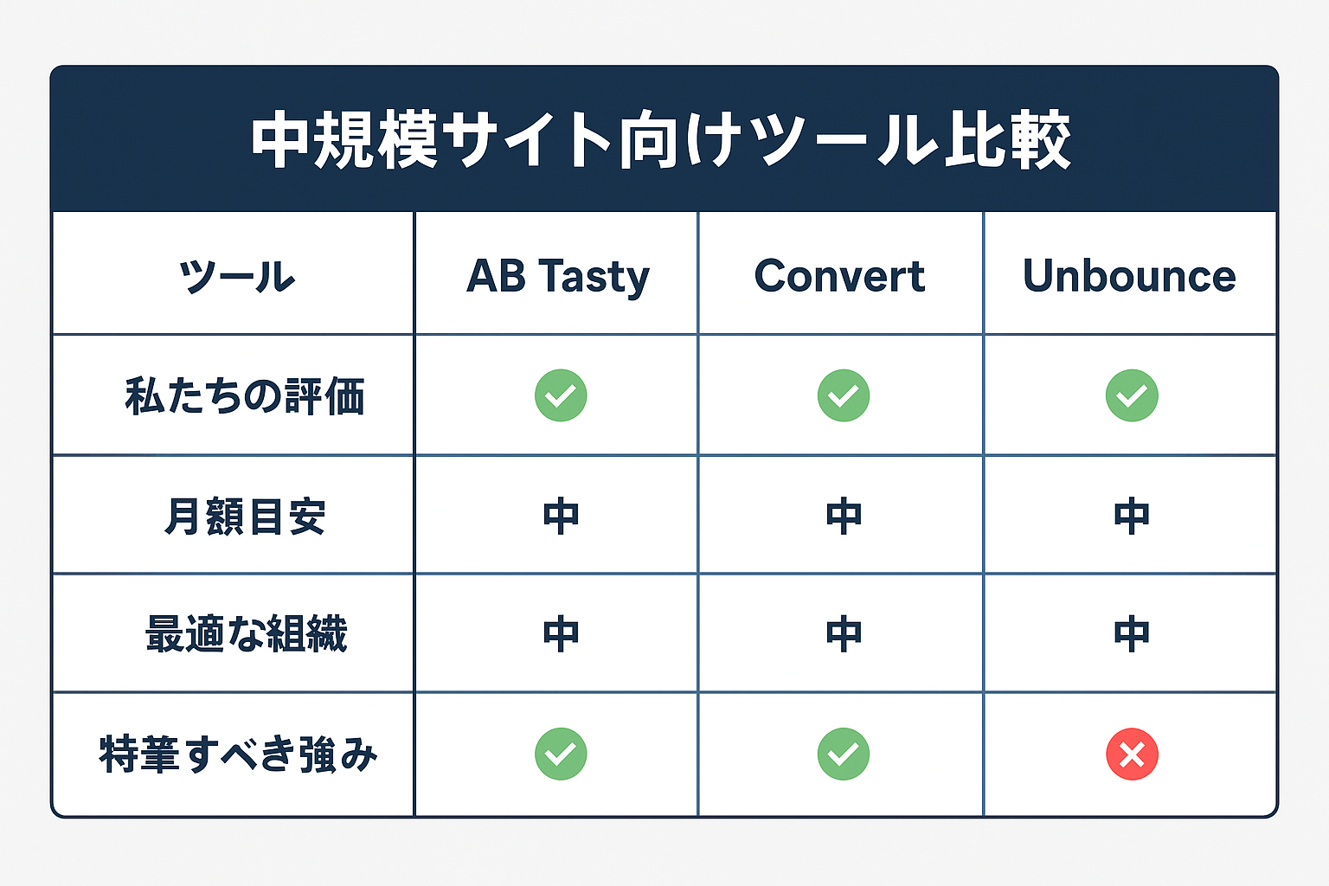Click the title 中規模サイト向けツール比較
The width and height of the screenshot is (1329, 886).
click(662, 140)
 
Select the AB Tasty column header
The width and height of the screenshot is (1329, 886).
click(557, 277)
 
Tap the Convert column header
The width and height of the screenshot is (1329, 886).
click(839, 277)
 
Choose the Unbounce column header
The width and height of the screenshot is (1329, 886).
click(1129, 277)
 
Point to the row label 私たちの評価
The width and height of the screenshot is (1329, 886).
click(245, 396)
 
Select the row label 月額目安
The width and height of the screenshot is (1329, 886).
click(245, 517)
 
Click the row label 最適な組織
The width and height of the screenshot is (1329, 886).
click(247, 634)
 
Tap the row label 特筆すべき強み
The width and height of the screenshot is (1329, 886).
click(239, 754)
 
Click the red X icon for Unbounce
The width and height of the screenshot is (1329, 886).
click(1132, 754)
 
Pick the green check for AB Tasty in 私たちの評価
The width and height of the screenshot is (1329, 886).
click(561, 395)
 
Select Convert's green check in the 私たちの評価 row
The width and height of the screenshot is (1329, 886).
click(844, 395)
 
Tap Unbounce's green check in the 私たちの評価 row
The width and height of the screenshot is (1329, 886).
click(1132, 395)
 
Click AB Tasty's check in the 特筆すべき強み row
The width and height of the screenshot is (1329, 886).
click(561, 754)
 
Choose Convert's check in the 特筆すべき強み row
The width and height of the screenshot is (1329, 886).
click(844, 754)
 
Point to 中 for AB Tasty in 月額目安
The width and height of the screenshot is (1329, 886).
click(561, 517)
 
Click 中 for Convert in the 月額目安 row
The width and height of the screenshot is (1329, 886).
click(844, 517)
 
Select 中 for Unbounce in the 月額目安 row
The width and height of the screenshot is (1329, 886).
click(1132, 517)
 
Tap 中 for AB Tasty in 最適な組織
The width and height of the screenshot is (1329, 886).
click(561, 634)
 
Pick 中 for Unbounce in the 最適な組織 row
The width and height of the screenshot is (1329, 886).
click(1132, 634)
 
